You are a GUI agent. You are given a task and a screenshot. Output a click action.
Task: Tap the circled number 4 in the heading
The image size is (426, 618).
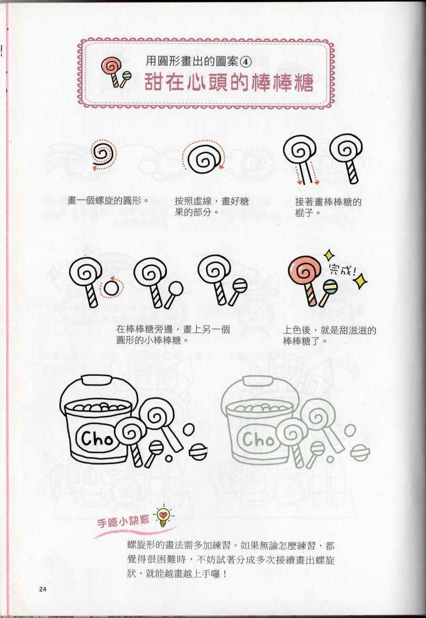246,62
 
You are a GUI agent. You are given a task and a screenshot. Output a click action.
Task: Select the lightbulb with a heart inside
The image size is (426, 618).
164,517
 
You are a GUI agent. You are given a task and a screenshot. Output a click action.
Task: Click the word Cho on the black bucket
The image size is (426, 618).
97,438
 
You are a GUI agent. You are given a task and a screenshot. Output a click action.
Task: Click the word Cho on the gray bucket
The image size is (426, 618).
259,439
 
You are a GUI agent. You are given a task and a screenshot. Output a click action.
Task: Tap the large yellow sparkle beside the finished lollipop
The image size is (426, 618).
361,281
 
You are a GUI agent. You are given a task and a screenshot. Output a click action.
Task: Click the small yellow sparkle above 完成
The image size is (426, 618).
329,255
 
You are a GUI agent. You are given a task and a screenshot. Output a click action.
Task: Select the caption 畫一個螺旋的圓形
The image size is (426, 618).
108,200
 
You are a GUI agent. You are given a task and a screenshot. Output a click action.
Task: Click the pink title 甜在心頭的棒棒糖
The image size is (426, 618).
229,82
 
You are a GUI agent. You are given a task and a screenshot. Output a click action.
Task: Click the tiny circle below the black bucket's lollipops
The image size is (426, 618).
168,458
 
